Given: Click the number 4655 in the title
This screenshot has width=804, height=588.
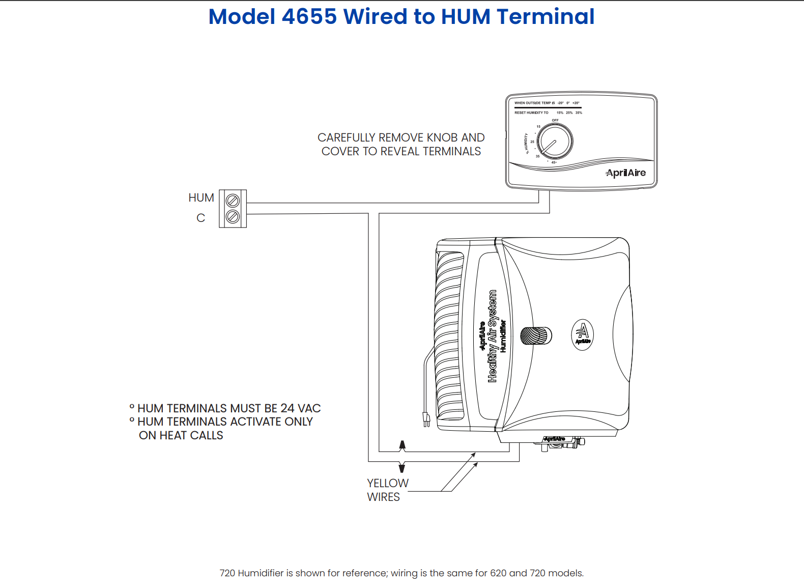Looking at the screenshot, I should [x=309, y=17].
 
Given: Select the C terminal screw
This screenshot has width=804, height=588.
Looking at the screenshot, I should [x=233, y=217].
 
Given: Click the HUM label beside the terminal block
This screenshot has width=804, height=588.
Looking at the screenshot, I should [x=201, y=198].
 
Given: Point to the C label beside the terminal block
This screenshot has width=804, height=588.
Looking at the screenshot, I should [x=200, y=218].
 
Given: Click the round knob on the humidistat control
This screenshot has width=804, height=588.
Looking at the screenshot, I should [x=555, y=141].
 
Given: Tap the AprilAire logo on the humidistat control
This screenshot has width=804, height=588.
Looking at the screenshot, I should [x=625, y=173].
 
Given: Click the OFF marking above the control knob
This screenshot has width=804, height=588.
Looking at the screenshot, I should [x=555, y=121].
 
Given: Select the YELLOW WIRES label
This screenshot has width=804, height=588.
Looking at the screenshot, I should [x=387, y=490].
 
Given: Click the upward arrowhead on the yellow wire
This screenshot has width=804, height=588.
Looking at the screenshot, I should [x=403, y=445].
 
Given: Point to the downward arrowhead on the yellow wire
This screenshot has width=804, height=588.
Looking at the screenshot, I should [x=402, y=467].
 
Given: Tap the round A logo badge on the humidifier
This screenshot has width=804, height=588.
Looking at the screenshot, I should [x=583, y=334].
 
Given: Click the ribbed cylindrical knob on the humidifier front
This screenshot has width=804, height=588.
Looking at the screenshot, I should [x=536, y=336].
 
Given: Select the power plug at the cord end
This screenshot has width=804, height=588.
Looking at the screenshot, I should [x=426, y=419].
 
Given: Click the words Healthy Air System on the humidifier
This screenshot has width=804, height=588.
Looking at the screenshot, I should [x=492, y=336].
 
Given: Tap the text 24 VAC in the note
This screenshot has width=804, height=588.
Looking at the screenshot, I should [x=300, y=408].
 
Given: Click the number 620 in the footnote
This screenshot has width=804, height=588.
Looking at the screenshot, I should [x=498, y=573].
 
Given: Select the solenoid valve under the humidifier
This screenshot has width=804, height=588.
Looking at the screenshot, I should [x=560, y=443].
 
